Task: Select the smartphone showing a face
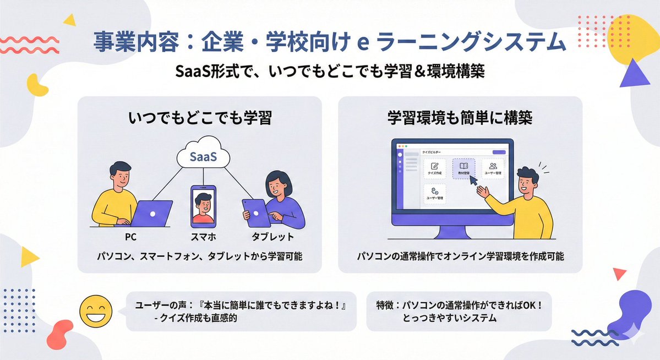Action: (203, 206)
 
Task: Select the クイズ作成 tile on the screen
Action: (435, 168)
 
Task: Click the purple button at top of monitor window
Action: (499, 152)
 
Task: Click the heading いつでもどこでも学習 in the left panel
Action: (200, 118)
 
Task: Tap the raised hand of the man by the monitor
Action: (483, 193)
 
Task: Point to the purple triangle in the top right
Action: (634, 74)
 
